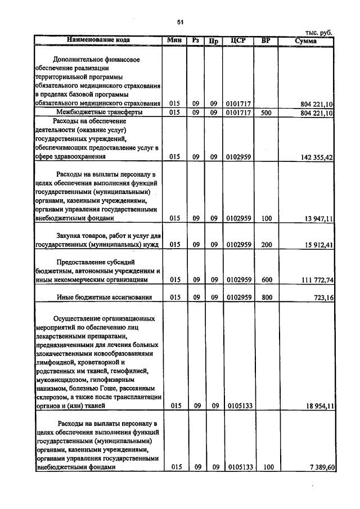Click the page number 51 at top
pos(180,22)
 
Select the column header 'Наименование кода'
pos(98,40)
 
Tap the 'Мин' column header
pos(174,40)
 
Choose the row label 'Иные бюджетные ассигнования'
pos(104,298)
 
